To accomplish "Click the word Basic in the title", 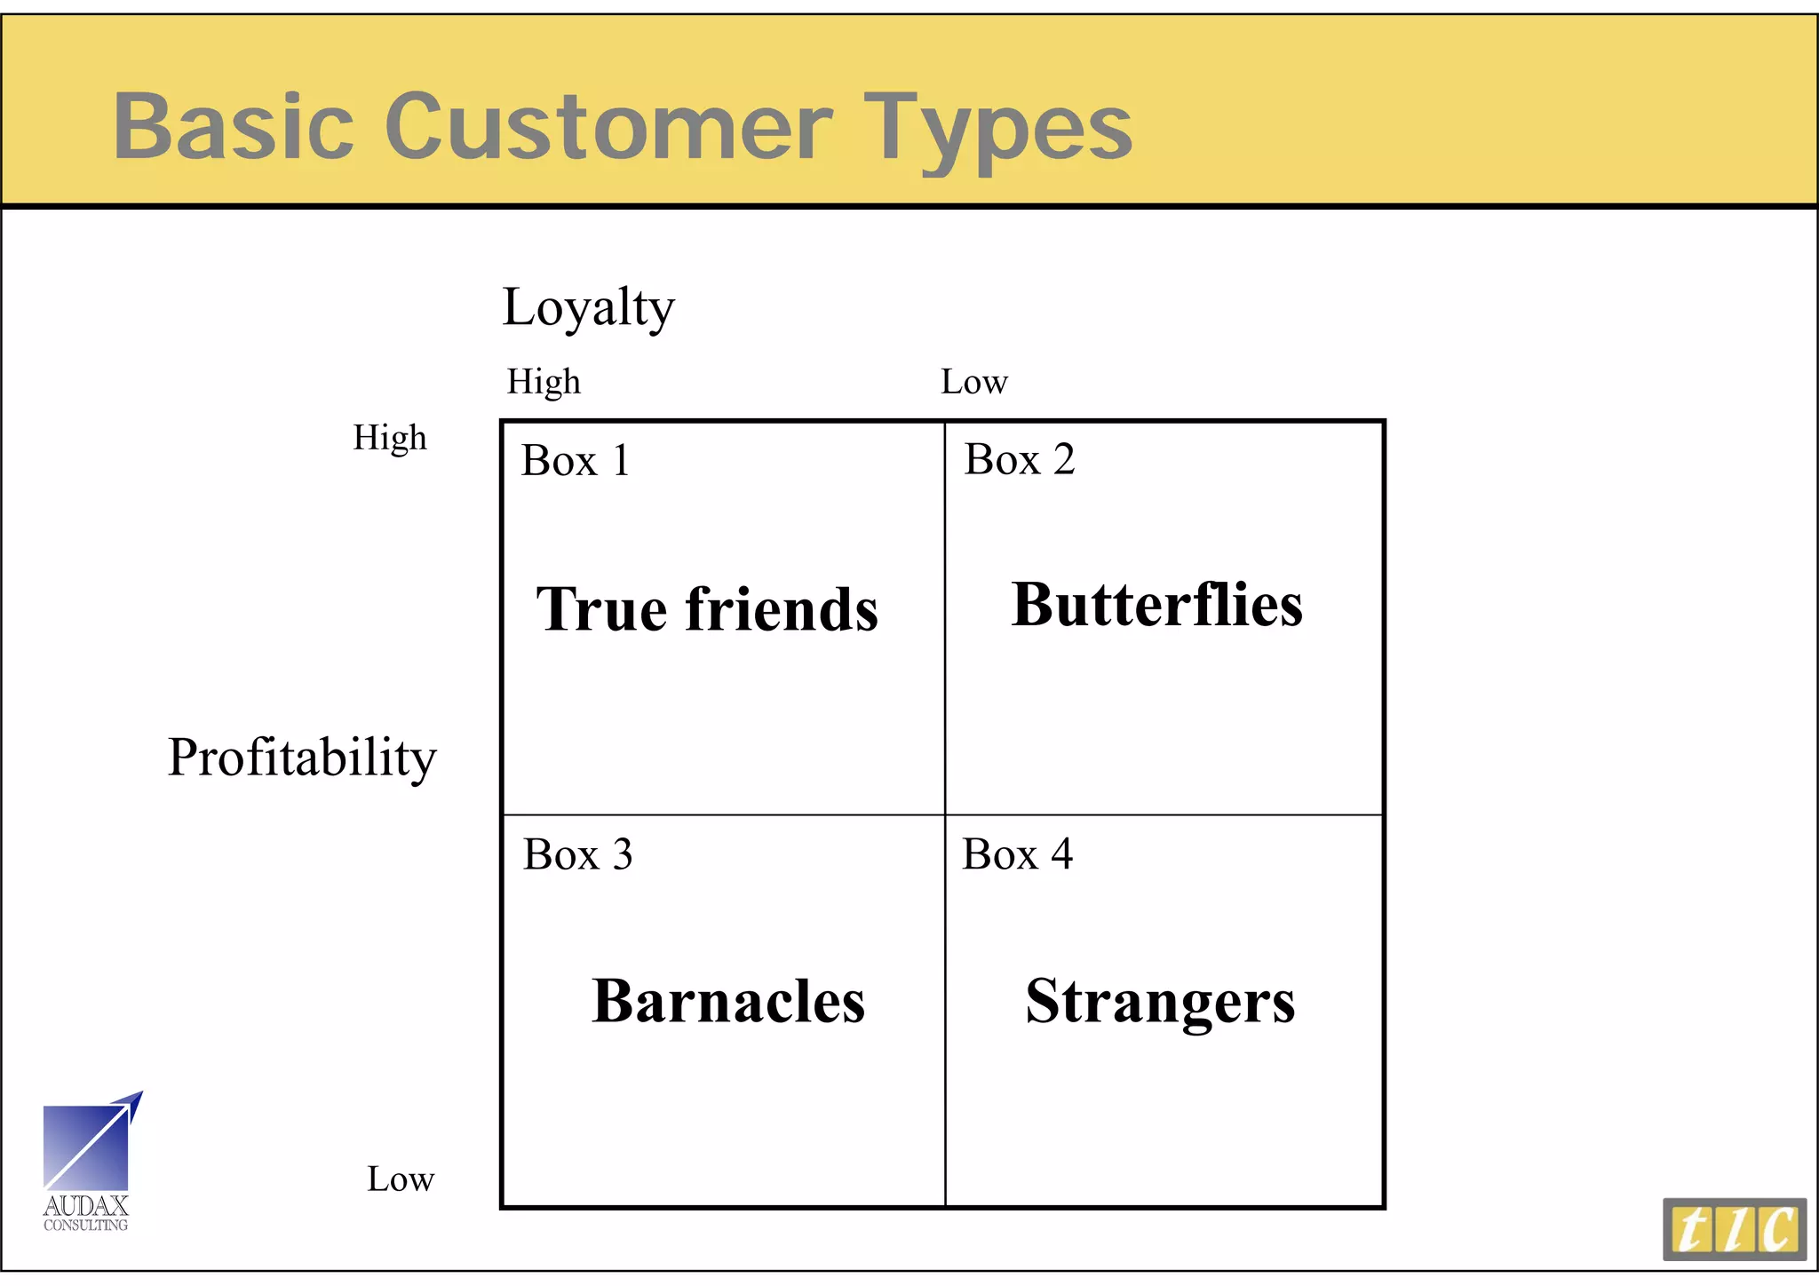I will pyautogui.click(x=234, y=126).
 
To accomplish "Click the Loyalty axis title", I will pyautogui.click(x=588, y=307).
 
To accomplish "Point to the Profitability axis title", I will pyautogui.click(x=302, y=758).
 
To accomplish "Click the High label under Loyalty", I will pyautogui.click(x=544, y=382).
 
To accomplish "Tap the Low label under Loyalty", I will pyautogui.click(x=973, y=382).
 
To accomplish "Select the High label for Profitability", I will pyautogui.click(x=390, y=438).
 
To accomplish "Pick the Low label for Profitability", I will pyautogui.click(x=401, y=1179).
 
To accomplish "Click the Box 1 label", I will pyautogui.click(x=576, y=460).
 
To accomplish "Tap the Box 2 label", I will pyautogui.click(x=1020, y=459).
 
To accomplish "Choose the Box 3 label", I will pyautogui.click(x=577, y=854).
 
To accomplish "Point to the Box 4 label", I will pyautogui.click(x=1017, y=854).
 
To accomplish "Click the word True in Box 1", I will pyautogui.click(x=601, y=609).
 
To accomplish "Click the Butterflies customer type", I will pyautogui.click(x=1156, y=605).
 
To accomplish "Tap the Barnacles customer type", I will pyautogui.click(x=728, y=1001).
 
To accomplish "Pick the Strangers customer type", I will pyautogui.click(x=1160, y=1002).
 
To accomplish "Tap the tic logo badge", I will pyautogui.click(x=1734, y=1229).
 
